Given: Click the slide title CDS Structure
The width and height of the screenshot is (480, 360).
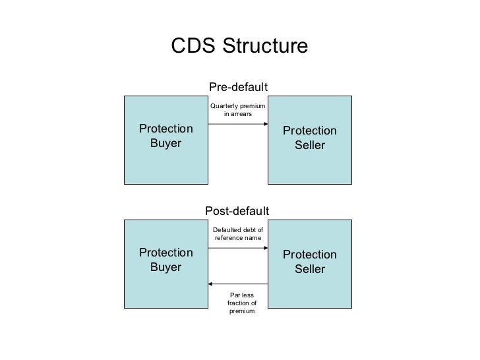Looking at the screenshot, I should (239, 46).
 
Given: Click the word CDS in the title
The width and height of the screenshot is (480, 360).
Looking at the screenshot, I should (193, 46).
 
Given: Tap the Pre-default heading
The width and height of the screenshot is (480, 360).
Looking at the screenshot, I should (238, 87).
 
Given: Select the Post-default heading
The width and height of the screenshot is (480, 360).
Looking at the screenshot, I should (238, 211).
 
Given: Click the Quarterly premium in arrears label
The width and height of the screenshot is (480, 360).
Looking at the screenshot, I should (237, 109).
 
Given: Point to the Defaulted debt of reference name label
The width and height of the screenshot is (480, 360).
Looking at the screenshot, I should (238, 233).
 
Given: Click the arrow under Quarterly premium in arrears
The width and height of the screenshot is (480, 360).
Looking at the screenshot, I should (237, 123).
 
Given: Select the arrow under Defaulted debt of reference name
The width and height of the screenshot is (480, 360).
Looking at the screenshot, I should (237, 248).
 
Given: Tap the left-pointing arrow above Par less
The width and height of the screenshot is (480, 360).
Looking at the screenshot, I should (237, 284).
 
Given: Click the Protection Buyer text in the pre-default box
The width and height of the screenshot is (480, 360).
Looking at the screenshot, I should (166, 136).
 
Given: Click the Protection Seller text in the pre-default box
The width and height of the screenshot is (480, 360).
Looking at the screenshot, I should (310, 138).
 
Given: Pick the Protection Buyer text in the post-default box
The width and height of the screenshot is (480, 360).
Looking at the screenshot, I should (166, 260).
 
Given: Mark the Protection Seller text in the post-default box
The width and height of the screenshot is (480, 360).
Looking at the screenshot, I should (310, 262).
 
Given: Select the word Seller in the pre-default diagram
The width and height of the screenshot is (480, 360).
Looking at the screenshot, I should (310, 145).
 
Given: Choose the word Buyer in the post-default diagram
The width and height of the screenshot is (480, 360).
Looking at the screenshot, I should (166, 267).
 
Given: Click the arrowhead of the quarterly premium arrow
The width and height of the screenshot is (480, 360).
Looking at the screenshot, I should (265, 123).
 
